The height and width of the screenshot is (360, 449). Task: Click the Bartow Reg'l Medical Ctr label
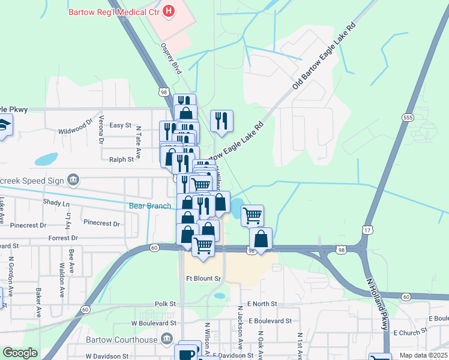click(x=113, y=11)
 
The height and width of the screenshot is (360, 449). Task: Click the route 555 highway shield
click(x=408, y=118)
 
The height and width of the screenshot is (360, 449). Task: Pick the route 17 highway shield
click(x=367, y=229)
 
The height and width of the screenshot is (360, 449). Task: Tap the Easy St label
click(x=120, y=125)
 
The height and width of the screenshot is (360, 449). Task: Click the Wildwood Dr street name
click(x=75, y=130)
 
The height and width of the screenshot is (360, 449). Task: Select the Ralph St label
click(x=121, y=159)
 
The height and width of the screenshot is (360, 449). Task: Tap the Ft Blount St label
click(x=203, y=278)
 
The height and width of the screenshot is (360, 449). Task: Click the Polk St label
click(x=163, y=304)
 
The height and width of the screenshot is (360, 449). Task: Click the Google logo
click(x=20, y=353)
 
